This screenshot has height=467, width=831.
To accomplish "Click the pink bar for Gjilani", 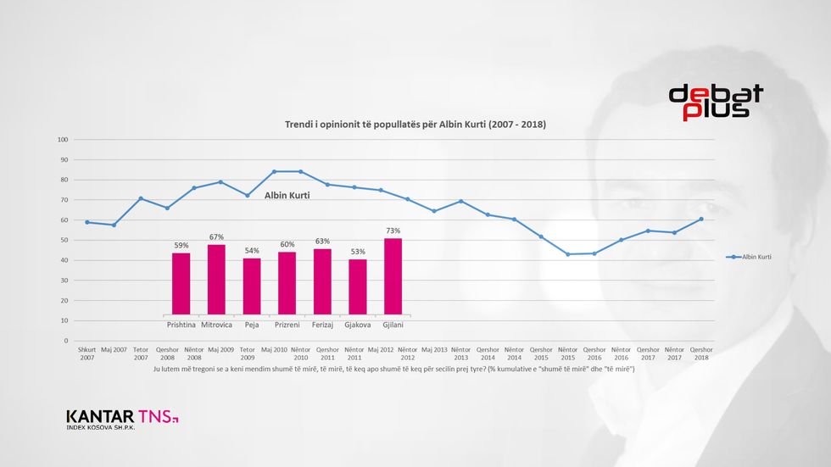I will click(393, 276).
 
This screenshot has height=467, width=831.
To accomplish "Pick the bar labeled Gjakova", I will click(358, 286).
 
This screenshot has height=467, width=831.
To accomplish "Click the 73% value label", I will click(393, 231).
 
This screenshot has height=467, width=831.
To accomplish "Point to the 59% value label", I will click(181, 246).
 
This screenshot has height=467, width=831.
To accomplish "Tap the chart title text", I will click(415, 125).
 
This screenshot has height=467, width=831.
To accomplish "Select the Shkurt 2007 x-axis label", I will click(87, 353).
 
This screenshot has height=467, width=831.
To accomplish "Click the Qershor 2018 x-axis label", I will click(701, 353).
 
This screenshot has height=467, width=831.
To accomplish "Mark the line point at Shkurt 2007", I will click(87, 222).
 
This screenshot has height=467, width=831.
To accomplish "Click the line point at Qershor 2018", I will click(701, 219).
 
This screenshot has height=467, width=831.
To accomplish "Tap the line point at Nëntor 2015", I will click(568, 254).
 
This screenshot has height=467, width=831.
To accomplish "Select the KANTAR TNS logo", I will click(122, 419).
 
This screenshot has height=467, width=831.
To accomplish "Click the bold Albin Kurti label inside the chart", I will click(286, 196).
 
